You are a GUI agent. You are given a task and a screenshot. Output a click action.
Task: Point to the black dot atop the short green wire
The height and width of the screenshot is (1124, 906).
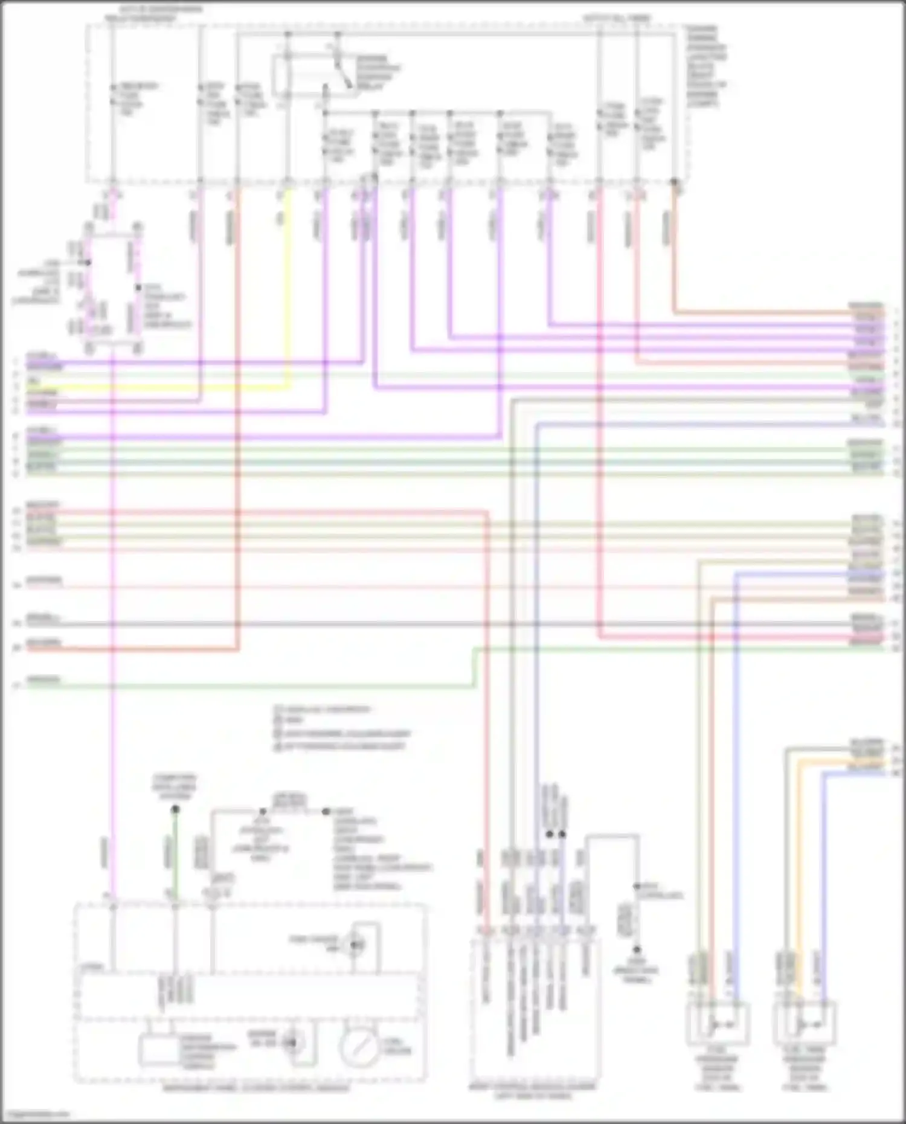(175, 809)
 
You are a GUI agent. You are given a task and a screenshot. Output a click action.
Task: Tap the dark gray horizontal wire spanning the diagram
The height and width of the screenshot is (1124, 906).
(423, 623)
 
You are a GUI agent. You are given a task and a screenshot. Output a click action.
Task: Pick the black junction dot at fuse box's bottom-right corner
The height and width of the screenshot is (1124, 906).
(674, 181)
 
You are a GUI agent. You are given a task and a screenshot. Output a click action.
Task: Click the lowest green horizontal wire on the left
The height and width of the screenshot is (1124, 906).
(242, 687)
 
